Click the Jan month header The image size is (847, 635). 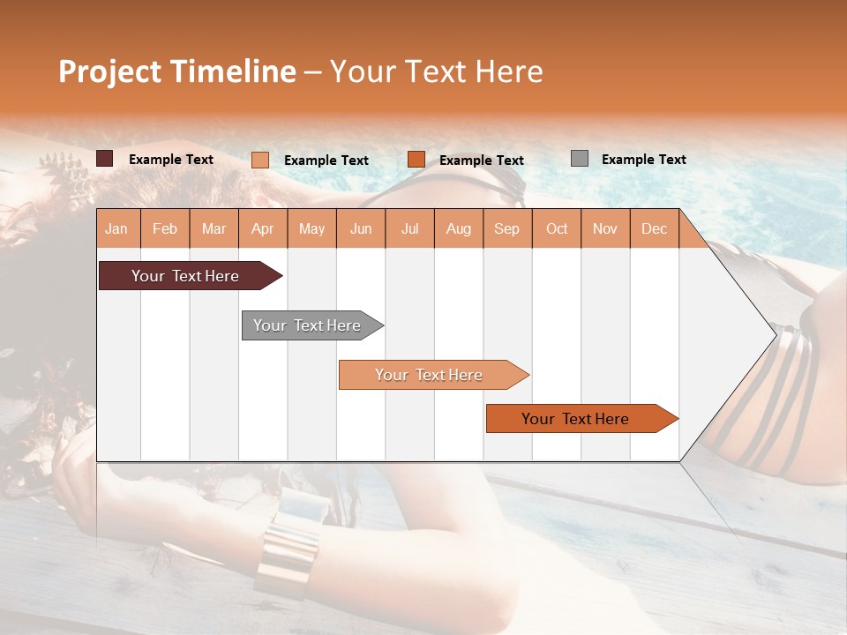click(116, 228)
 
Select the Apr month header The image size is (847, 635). click(262, 228)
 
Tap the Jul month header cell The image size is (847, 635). click(409, 228)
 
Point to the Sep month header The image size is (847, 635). click(506, 228)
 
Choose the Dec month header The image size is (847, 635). click(654, 228)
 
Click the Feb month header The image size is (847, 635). click(165, 228)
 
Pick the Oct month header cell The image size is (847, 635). click(557, 228)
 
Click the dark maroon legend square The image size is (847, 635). click(105, 159)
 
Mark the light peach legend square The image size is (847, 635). click(260, 160)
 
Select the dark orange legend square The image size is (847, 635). click(416, 159)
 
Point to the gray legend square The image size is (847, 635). click(580, 158)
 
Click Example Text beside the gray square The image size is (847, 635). click(643, 159)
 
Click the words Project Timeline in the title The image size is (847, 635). click(176, 71)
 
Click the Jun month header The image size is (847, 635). click(361, 228)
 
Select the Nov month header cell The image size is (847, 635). click(605, 228)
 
